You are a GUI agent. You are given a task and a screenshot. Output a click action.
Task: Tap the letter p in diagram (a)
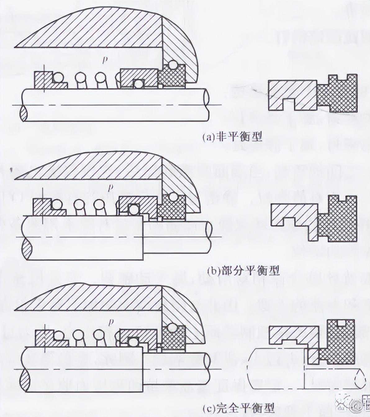pyautogui.click(x=105, y=59)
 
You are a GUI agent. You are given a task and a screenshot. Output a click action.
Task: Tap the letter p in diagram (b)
pyautogui.click(x=109, y=188)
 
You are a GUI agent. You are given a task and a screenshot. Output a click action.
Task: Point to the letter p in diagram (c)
pyautogui.click(x=110, y=322)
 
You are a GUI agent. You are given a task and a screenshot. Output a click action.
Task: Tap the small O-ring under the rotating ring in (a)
pyautogui.click(x=138, y=84)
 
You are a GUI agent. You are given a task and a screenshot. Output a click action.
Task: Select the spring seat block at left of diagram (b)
pyautogui.click(x=43, y=207)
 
